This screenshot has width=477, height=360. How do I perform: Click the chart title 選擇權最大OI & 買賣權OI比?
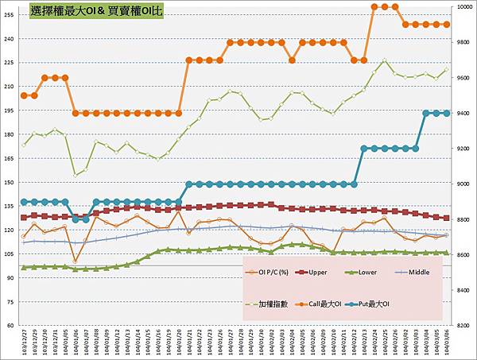pos(95,11)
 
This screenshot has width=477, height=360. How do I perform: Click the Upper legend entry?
pos(329,272)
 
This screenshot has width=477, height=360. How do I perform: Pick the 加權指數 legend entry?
pos(275,304)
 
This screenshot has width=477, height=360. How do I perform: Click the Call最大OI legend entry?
pos(337,304)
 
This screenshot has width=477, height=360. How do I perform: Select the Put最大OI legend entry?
pos(394,304)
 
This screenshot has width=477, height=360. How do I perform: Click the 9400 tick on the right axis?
pos(463,114)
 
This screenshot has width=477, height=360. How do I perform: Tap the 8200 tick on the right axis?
pos(463,326)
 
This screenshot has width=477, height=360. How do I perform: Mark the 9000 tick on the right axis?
pos(463,184)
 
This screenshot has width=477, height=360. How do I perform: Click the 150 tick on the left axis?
pos(10,182)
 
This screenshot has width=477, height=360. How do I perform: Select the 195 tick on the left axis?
pos(10,110)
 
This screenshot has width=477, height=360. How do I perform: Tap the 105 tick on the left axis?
pos(10,254)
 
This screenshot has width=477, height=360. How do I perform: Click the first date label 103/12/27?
pos(25,343)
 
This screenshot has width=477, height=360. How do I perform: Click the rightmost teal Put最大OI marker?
pos(446,113)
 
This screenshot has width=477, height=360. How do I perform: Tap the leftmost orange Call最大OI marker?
pos(24,95)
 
